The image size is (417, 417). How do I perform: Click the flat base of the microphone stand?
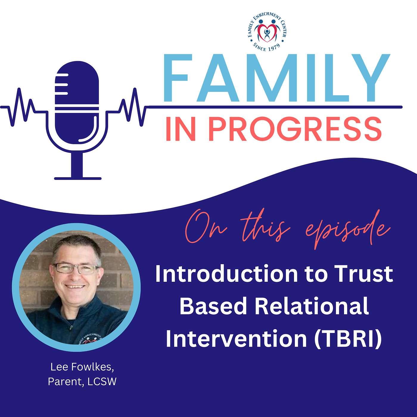[x=78, y=178]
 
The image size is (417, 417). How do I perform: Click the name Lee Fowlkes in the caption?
[x=82, y=367]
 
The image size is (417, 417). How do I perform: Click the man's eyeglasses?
[x=76, y=269]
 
